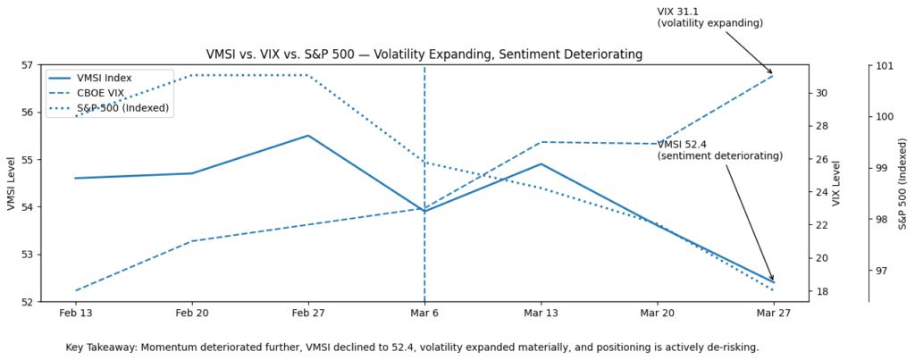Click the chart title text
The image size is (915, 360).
click(x=424, y=54)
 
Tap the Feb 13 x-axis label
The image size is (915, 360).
click(x=76, y=314)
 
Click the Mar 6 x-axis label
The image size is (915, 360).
click(x=424, y=314)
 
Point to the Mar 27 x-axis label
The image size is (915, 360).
click(x=773, y=314)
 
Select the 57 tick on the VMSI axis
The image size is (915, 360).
click(x=28, y=65)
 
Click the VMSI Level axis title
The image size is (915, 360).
click(x=11, y=183)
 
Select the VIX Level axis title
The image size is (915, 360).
click(x=837, y=183)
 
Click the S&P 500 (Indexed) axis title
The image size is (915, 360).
click(x=902, y=183)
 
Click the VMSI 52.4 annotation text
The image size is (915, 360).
click(x=719, y=150)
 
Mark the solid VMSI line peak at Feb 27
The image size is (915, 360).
click(x=308, y=136)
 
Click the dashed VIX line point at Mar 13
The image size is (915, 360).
click(x=541, y=142)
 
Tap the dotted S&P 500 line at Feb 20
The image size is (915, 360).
click(x=192, y=75)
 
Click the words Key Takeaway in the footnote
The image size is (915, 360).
click(x=101, y=347)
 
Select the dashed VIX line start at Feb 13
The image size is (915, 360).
click(x=76, y=290)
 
